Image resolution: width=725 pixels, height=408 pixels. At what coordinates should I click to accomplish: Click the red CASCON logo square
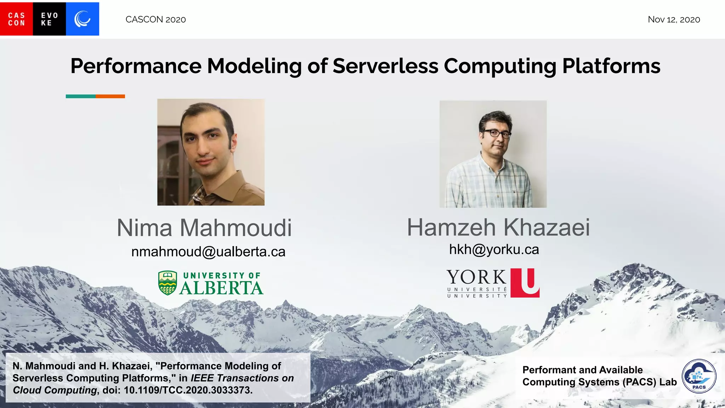pyautogui.click(x=16, y=19)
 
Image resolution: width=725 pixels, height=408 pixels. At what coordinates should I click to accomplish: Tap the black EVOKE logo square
pyautogui.click(x=49, y=19)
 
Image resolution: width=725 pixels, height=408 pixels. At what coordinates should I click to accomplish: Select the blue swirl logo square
pyautogui.click(x=82, y=19)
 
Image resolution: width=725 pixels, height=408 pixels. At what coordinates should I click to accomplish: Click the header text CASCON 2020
pyautogui.click(x=155, y=19)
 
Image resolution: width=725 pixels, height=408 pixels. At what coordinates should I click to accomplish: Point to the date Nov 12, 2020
pyautogui.click(x=674, y=19)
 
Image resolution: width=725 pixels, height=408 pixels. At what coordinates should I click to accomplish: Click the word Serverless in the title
pyautogui.click(x=386, y=66)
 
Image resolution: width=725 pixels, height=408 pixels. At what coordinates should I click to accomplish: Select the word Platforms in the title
pyautogui.click(x=611, y=66)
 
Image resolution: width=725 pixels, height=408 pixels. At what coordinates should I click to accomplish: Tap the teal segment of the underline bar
pyautogui.click(x=80, y=96)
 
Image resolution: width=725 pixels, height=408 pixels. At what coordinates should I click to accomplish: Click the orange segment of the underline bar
pyautogui.click(x=110, y=96)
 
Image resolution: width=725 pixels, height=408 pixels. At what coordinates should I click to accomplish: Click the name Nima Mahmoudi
pyautogui.click(x=204, y=228)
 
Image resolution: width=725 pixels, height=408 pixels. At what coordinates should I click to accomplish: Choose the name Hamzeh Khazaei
pyautogui.click(x=498, y=227)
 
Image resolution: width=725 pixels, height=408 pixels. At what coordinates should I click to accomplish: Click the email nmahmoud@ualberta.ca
pyautogui.click(x=208, y=252)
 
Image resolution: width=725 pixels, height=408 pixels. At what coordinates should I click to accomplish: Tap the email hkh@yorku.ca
pyautogui.click(x=494, y=250)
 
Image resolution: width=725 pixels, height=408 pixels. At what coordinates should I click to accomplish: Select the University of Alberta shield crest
pyautogui.click(x=167, y=283)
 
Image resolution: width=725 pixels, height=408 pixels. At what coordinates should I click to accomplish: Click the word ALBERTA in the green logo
pyautogui.click(x=221, y=288)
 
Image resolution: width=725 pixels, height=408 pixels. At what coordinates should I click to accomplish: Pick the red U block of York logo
pyautogui.click(x=525, y=283)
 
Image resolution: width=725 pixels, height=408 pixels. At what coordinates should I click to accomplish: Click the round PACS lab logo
pyautogui.click(x=699, y=376)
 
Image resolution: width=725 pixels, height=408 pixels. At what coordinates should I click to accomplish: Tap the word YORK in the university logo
pyautogui.click(x=476, y=277)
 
